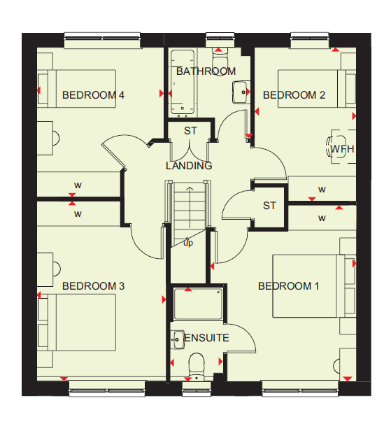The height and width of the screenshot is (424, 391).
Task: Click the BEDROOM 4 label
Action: pos(93,95)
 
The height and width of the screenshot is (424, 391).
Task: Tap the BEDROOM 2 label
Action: pos(294,95)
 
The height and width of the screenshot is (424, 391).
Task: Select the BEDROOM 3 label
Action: pos(93,286)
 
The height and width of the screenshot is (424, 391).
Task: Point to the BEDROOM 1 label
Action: pos(288,286)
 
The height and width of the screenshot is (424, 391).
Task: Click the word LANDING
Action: pos(189,166)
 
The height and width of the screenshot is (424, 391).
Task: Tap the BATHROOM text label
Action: pos(206,71)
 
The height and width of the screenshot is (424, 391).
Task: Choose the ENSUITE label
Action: pos(206,338)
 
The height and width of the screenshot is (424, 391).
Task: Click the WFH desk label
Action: pos(342,149)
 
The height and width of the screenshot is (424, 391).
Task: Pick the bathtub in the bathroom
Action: pos(183,82)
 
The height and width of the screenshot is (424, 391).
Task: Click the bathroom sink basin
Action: pos(240,92)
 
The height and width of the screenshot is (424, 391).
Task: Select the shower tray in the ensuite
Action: pos(198,304)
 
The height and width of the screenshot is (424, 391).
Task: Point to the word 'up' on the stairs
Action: pos(188,243)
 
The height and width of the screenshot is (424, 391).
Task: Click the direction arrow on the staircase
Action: pos(190,207)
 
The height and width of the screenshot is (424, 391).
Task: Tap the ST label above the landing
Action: pos(191,131)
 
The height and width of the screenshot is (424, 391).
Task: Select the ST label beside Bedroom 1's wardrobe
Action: pos(269,206)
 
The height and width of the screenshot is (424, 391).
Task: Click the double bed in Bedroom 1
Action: pos(313,286)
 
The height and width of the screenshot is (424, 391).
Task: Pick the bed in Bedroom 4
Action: pos(77,89)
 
